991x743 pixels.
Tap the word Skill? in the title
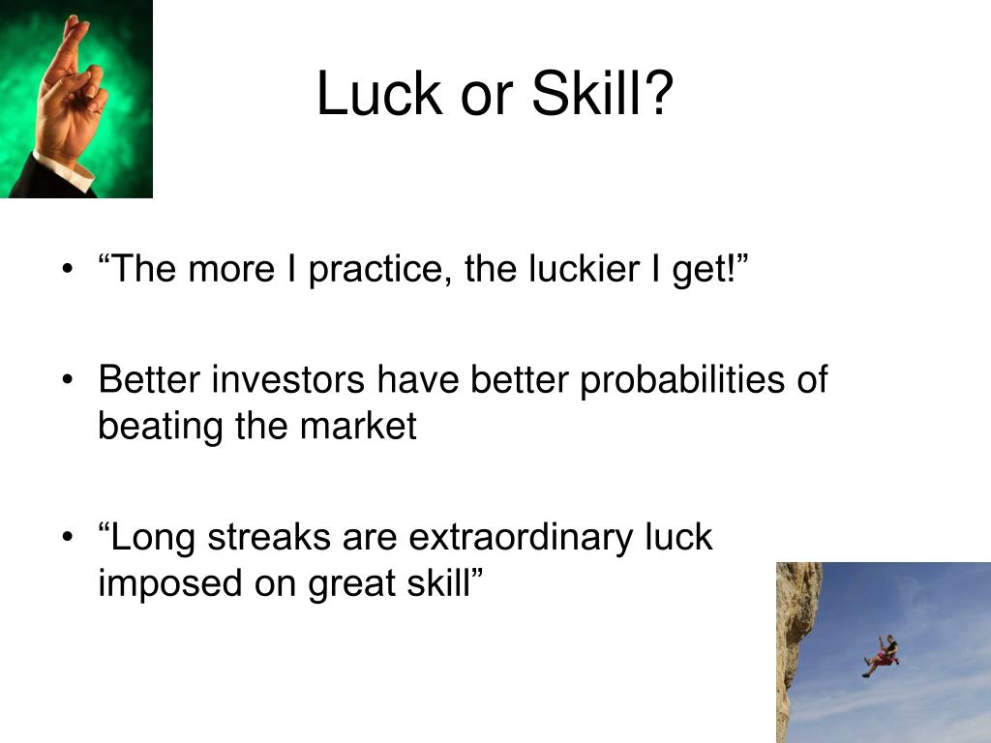(601, 95)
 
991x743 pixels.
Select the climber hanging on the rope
(882, 655)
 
